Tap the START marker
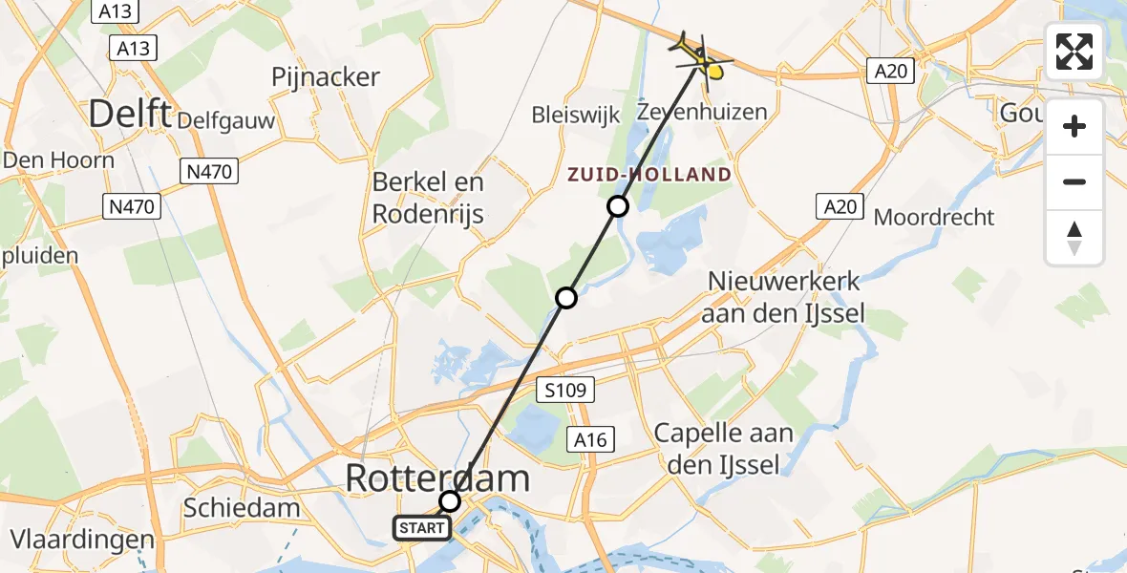pos(421,527)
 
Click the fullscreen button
pos(1074,52)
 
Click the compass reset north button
pos(1074,238)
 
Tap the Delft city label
pos(130,115)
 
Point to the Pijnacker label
pos(326,77)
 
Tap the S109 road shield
pos(565,390)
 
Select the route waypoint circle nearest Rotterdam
pos(450,501)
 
